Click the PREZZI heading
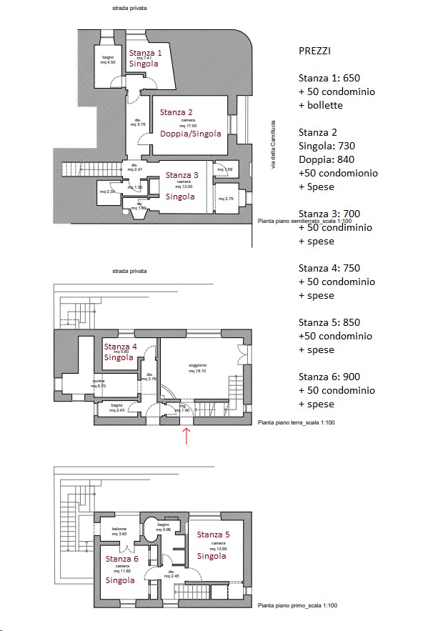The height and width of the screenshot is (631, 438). pyautogui.click(x=314, y=51)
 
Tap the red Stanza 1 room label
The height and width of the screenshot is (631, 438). pyautogui.click(x=145, y=53)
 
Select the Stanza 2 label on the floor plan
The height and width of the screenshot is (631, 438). pyautogui.click(x=176, y=112)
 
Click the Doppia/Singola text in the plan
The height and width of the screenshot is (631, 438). pyautogui.click(x=190, y=134)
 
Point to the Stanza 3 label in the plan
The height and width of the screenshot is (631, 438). pyautogui.click(x=182, y=175)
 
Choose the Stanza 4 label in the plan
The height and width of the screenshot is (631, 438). pyautogui.click(x=120, y=347)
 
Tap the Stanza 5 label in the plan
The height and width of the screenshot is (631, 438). pyautogui.click(x=213, y=535)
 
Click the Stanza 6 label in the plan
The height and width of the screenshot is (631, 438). pyautogui.click(x=121, y=559)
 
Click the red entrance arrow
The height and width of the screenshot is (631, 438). pyautogui.click(x=187, y=435)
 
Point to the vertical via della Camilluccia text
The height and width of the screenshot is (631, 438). pyautogui.click(x=272, y=145)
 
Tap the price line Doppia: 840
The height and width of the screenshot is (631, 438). pyautogui.click(x=327, y=159)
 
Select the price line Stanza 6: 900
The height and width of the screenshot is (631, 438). pyautogui.click(x=329, y=377)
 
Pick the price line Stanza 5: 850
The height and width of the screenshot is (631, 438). pyautogui.click(x=329, y=322)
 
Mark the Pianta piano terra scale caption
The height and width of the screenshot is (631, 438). pyautogui.click(x=296, y=423)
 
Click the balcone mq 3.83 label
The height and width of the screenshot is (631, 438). pyautogui.click(x=119, y=531)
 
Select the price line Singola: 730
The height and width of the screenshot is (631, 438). pyautogui.click(x=327, y=146)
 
